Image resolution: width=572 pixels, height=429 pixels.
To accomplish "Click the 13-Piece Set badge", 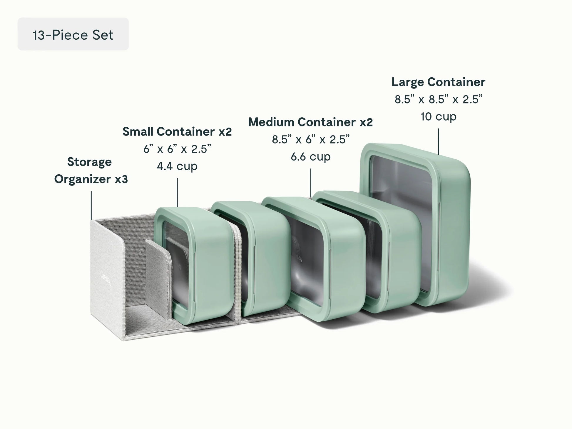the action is pos(73,34).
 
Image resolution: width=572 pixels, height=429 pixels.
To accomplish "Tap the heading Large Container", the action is pos(438,82).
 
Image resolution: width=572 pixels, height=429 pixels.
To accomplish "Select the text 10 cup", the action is pos(438,117).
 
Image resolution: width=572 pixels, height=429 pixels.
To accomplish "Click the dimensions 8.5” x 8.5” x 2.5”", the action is pos(438,99).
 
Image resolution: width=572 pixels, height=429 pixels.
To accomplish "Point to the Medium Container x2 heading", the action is pos(310,122).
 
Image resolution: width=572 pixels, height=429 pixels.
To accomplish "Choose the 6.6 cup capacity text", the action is pos(310,157).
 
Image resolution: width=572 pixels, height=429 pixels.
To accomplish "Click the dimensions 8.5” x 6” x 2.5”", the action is pos(310,139).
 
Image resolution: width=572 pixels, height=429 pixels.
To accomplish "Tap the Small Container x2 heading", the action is pos(177,132).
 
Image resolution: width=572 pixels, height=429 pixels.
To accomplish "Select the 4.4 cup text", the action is pos(177,166).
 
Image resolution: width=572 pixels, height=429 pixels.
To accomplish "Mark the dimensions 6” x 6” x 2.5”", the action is pos(177,149).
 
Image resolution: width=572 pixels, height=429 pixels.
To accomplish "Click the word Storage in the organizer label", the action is pos(89,162).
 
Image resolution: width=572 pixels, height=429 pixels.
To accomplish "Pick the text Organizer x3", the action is pos(91,179).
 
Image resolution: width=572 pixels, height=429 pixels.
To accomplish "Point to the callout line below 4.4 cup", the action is pos(177,193).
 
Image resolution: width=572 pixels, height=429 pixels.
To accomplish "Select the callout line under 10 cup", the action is pos(439,141).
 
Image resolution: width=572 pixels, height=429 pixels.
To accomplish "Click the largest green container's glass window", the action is pos(403,223).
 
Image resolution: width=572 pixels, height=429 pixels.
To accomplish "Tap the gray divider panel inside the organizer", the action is pos(157,279).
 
